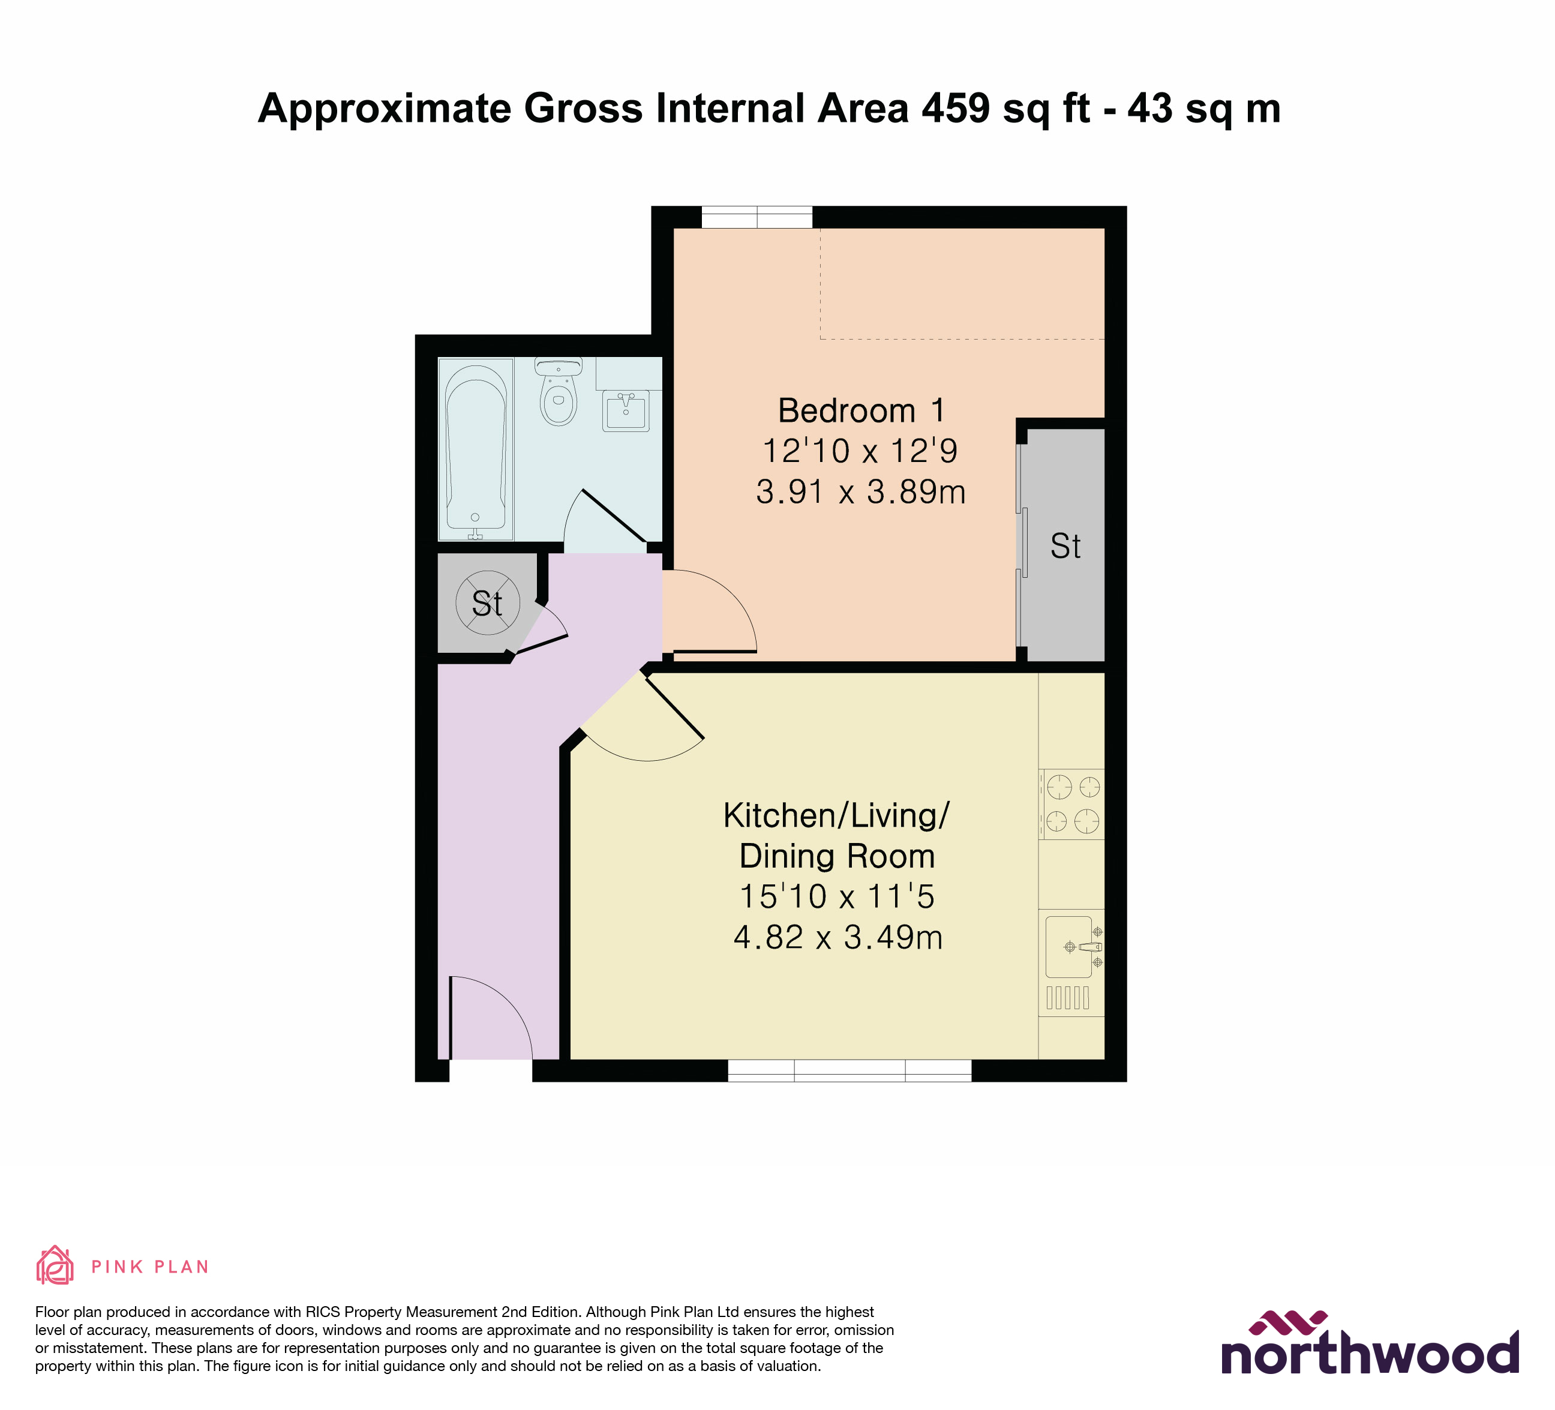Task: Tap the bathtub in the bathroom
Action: [476, 449]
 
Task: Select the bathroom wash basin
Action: [626, 410]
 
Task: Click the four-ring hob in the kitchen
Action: [1072, 804]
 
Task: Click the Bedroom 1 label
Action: [861, 410]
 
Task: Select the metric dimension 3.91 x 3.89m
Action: [861, 492]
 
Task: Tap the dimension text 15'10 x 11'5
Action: [837, 896]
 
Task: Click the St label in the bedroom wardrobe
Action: [1065, 546]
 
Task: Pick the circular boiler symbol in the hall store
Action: [488, 602]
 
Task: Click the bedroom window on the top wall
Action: [757, 218]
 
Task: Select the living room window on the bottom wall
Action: [849, 1070]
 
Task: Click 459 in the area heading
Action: [956, 108]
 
